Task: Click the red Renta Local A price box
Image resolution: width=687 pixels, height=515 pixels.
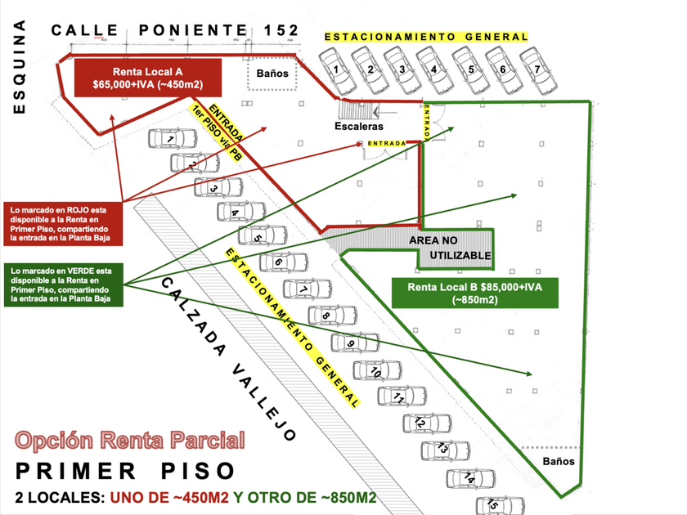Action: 148,78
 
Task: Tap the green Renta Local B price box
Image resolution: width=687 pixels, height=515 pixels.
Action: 475,293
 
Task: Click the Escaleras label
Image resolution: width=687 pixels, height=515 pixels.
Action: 359,126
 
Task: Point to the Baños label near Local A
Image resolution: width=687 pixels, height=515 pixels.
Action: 272,73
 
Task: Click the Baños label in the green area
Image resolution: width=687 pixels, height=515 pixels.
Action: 558,461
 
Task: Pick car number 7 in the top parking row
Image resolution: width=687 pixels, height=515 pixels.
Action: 538,71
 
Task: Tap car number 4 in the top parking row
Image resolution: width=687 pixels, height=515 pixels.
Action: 433,71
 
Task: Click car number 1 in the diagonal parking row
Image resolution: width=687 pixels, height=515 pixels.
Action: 173,138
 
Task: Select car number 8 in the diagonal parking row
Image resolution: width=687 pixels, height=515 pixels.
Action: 332,316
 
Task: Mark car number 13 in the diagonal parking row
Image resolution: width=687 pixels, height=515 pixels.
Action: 445,451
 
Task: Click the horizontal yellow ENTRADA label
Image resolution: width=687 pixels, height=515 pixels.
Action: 387,143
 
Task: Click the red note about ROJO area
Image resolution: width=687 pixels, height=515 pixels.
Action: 63,224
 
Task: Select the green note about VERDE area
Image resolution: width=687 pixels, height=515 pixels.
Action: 64,284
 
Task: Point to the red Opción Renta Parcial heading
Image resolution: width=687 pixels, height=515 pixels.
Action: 130,440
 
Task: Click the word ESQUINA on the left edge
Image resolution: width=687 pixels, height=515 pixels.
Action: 19,66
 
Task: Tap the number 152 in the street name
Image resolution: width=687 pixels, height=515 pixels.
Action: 281,30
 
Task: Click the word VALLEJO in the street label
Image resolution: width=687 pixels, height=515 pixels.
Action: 263,401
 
